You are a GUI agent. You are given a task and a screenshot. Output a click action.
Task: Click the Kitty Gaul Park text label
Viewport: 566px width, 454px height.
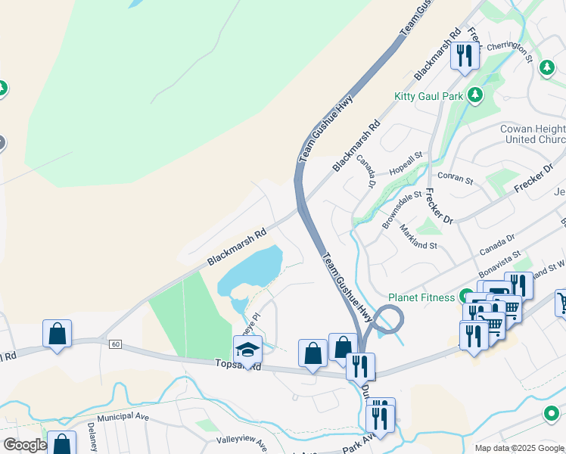tap(428, 96)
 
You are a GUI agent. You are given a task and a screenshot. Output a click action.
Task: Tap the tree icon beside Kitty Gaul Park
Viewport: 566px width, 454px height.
tap(475, 95)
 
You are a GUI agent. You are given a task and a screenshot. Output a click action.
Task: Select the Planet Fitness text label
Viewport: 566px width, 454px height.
tap(421, 297)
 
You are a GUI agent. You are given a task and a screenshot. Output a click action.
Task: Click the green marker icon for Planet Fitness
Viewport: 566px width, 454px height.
tap(467, 297)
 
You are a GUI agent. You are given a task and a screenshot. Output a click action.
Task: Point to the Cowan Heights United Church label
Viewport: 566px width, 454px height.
tap(533, 134)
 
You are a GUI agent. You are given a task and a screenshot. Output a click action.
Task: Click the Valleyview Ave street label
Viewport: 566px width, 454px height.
tap(242, 442)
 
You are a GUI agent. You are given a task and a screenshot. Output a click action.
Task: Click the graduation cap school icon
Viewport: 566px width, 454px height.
tap(247, 350)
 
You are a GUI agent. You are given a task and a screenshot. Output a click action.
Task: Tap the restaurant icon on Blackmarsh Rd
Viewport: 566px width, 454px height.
tap(465, 54)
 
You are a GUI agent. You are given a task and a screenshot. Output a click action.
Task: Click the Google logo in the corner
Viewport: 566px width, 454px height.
tap(24, 445)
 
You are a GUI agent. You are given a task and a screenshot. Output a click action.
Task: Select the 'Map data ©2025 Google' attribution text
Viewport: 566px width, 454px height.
tap(519, 448)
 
